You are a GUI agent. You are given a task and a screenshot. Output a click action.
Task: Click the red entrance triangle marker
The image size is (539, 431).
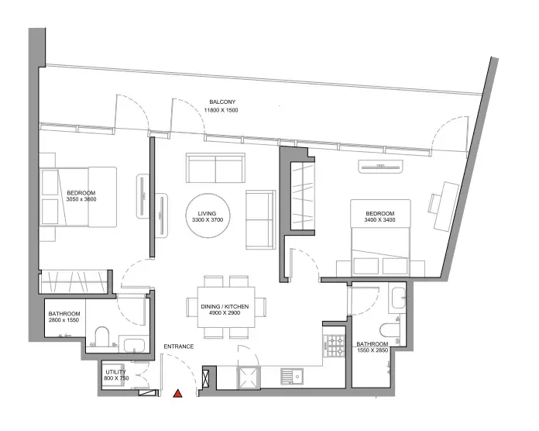[x=177, y=393]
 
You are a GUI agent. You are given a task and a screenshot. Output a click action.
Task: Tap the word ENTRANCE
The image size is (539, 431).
[x=179, y=347]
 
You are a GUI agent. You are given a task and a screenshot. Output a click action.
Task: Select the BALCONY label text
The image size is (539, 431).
[x=222, y=102]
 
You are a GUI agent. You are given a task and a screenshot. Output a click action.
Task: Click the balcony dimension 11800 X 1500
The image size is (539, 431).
[x=221, y=110]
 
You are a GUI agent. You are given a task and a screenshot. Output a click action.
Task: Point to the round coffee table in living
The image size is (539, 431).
[x=208, y=215]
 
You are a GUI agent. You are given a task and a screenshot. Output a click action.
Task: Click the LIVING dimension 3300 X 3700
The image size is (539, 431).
[x=208, y=220]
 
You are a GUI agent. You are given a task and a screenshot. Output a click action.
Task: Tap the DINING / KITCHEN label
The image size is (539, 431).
[x=225, y=306]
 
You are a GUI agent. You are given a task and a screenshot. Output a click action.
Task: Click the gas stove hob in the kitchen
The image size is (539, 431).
[x=335, y=346]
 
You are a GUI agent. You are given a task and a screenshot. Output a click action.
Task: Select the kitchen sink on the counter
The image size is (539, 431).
[x=292, y=376]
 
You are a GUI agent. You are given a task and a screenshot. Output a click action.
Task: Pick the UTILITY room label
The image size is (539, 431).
[x=116, y=372]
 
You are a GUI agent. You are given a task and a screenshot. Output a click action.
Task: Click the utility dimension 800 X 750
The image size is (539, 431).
[x=116, y=378]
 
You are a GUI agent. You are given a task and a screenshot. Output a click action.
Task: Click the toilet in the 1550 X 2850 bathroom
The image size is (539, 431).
[x=390, y=330]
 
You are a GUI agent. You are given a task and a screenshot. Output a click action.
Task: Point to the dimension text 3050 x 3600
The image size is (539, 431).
[x=81, y=199]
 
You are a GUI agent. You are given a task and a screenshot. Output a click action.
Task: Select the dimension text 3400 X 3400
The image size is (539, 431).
[x=379, y=220]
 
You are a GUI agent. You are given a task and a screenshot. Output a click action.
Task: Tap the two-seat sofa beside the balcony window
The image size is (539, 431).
[x=215, y=168]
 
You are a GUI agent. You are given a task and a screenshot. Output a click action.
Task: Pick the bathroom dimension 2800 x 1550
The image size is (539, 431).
[x=64, y=320]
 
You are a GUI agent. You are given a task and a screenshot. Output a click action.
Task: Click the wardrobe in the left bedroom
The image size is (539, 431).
[x=74, y=281]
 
